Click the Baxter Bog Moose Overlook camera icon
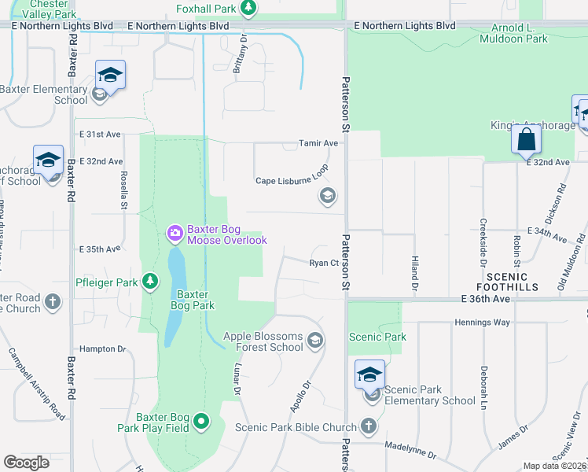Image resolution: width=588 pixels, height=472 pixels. coord(175,233)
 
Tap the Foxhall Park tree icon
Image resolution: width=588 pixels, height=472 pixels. coord(248,8)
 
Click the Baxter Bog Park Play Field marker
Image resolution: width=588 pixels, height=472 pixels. coord(201,422)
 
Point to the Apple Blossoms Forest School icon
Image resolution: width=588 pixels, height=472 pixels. coord(315,340)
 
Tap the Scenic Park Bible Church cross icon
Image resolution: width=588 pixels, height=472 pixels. coord(369,427)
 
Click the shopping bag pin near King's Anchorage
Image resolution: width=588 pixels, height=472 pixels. coord(525,140)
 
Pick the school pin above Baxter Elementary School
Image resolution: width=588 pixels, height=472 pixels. coord(110,76)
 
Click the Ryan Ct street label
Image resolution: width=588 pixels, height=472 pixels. coord(323,264)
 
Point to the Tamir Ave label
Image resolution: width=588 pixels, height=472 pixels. coord(318,143)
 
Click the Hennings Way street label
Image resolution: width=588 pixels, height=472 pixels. coord(482,323)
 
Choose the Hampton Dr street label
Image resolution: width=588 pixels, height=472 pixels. coord(103,348)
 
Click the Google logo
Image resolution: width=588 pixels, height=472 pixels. coord(27,463)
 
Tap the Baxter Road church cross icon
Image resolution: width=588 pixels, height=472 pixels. coord(52,301)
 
